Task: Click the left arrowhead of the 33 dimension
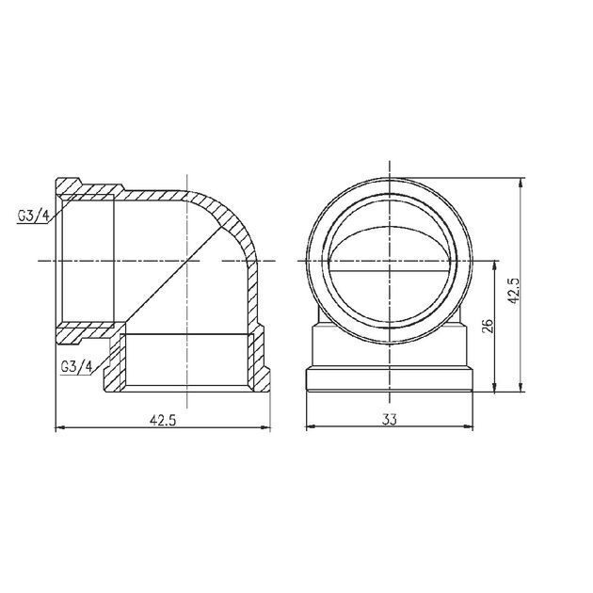313,428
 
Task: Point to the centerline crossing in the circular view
389,259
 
